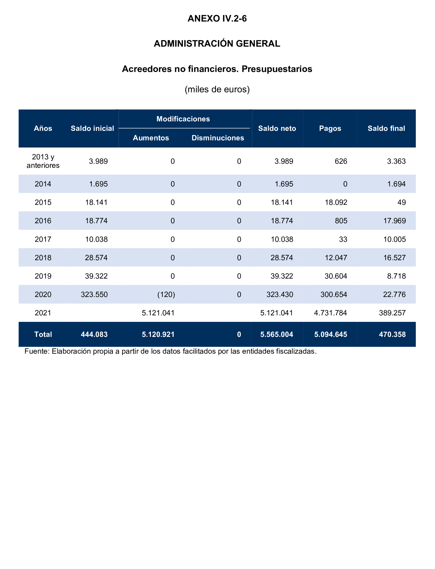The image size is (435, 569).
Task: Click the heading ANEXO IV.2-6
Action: [217, 19]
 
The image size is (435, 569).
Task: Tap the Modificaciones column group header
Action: [183, 119]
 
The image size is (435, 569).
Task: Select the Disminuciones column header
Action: [217, 138]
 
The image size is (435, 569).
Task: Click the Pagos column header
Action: [330, 128]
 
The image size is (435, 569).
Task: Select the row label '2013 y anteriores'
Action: [43, 161]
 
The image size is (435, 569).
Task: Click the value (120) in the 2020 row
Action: [166, 294]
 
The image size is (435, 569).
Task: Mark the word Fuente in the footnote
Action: [36, 351]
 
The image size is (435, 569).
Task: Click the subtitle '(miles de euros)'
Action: [217, 89]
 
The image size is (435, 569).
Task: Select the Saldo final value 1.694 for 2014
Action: [396, 184]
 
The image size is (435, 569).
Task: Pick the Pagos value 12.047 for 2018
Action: [336, 258]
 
